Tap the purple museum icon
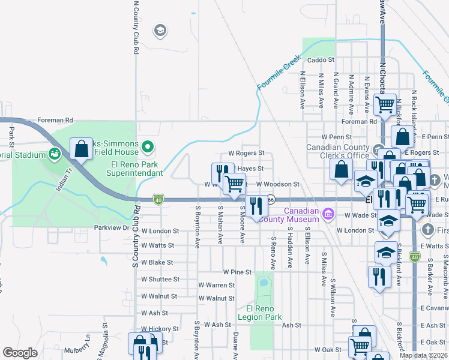click(x=328, y=214)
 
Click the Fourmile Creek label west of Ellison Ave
click(x=279, y=73)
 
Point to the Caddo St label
click(x=320, y=60)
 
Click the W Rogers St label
click(x=246, y=154)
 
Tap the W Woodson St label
click(x=277, y=184)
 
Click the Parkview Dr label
click(x=112, y=228)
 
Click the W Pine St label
click(x=237, y=272)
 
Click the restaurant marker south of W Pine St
click(x=379, y=277)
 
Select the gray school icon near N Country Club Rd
click(x=160, y=30)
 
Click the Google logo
click(x=20, y=353)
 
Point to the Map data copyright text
click(x=423, y=355)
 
